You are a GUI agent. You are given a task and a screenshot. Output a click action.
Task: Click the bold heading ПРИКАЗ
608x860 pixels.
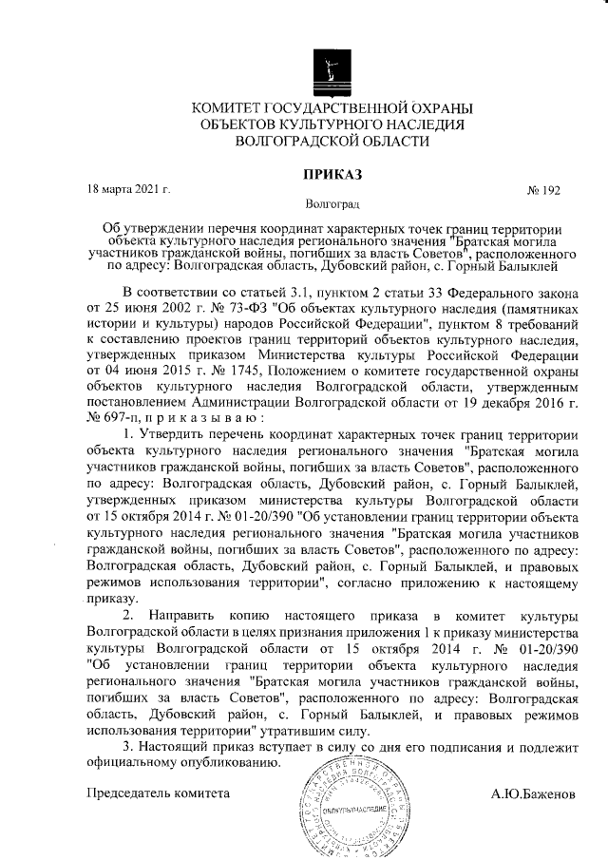coord(332,174)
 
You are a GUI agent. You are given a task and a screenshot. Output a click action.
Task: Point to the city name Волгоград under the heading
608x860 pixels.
coord(332,204)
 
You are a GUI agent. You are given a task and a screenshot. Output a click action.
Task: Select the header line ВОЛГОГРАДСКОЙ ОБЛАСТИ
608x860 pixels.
coord(332,141)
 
